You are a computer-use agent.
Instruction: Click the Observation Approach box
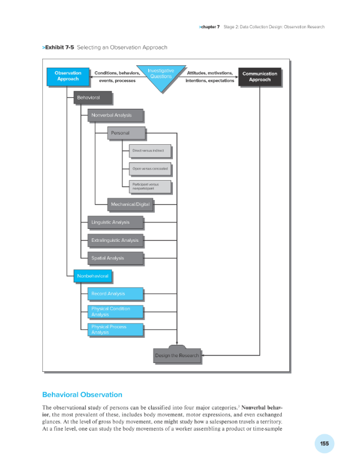click(68, 76)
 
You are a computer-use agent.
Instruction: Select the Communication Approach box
click(260, 76)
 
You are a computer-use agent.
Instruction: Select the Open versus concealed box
click(149, 169)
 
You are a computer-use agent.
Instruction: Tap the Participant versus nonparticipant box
click(149, 187)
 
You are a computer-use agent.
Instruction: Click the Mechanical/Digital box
click(130, 204)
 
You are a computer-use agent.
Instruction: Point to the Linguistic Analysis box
click(116, 222)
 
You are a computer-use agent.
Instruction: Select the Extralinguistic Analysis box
click(116, 240)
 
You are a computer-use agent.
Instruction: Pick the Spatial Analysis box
click(116, 258)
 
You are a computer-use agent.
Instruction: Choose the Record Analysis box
click(115, 293)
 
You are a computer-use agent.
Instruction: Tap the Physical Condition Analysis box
click(115, 311)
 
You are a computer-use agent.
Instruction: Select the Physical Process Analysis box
click(115, 329)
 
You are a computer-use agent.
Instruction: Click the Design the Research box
click(176, 355)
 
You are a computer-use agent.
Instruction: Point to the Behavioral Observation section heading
click(82, 394)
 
